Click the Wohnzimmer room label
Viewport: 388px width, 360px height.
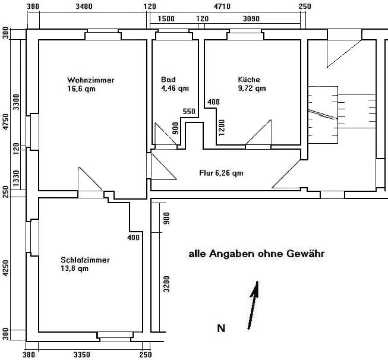coord(90,80)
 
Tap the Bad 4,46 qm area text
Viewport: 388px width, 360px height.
coord(175,89)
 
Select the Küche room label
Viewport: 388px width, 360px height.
coord(249,80)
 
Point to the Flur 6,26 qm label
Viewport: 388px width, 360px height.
coord(221,173)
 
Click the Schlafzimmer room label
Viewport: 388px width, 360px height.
coord(85,260)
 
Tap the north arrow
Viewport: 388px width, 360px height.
coord(253,305)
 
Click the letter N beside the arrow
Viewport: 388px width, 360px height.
coord(221,329)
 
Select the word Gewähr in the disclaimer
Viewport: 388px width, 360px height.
coord(305,254)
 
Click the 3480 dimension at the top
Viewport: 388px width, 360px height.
coord(84,7)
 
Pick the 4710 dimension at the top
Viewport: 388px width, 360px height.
coord(222,7)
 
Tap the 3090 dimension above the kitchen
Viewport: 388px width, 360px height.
coord(251,18)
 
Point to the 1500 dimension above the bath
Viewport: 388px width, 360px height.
coord(166,18)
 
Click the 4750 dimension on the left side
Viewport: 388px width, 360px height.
coord(5,122)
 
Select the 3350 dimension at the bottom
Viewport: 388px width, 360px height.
coord(82,355)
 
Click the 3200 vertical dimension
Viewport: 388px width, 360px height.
coord(167,284)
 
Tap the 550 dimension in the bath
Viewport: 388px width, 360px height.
coord(189,112)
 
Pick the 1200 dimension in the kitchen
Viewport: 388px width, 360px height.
coord(222,128)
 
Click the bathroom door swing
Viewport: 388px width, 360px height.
coord(166,134)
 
